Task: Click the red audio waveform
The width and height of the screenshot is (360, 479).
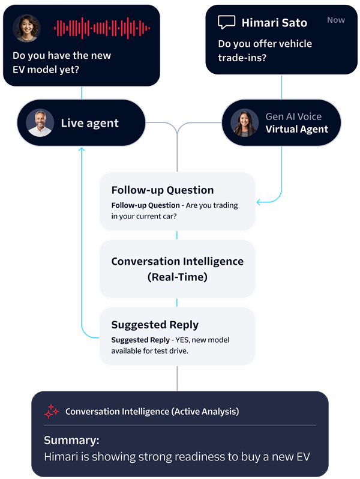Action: [102, 28]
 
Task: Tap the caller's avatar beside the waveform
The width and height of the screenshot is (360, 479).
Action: [27, 28]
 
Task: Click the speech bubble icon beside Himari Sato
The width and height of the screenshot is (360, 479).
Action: [227, 22]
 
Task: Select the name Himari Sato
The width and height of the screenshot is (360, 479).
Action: [274, 23]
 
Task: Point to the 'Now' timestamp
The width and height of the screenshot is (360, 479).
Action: [336, 20]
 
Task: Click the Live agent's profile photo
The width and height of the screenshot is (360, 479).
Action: [40, 123]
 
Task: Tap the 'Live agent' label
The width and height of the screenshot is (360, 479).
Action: [89, 123]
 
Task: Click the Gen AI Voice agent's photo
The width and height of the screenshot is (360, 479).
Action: [245, 123]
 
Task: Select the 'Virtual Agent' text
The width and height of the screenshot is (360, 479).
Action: [297, 129]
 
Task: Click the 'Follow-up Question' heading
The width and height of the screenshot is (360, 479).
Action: [163, 190]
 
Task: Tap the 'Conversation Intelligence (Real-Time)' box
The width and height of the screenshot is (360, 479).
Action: [177, 269]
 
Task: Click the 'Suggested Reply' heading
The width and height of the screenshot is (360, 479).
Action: [155, 325]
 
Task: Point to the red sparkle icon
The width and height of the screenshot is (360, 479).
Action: [51, 411]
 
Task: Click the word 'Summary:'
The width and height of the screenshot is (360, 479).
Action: [71, 440]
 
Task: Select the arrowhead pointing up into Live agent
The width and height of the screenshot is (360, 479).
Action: [82, 149]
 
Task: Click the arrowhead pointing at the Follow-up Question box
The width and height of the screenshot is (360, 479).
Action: [259, 202]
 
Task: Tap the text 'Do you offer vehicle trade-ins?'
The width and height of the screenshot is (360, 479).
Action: [265, 50]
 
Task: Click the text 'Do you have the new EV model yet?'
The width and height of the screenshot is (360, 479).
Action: [62, 62]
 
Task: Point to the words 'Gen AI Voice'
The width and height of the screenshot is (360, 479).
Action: [293, 116]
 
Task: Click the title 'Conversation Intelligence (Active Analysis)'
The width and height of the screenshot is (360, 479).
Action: [152, 412]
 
